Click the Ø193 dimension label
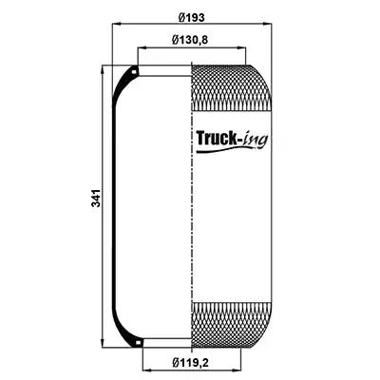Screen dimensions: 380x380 click(x=191, y=17)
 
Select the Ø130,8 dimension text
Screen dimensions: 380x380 click(x=190, y=40)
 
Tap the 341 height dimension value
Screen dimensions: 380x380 click(x=96, y=199)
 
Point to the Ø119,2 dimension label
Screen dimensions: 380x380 click(x=191, y=362)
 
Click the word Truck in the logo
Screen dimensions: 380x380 click(x=217, y=138)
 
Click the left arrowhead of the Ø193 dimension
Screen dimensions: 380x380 click(x=117, y=24)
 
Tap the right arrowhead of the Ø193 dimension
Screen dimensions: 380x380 click(x=267, y=24)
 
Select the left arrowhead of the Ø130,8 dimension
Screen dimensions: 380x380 click(x=142, y=48)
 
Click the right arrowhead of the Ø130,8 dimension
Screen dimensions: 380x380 click(x=242, y=48)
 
